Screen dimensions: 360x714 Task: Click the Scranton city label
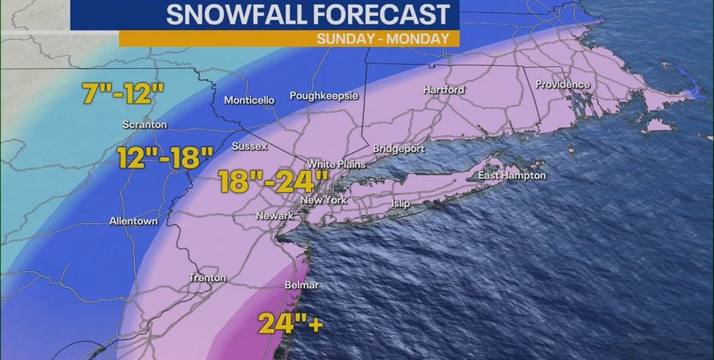click(x=145, y=124)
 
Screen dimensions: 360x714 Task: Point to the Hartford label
click(x=444, y=90)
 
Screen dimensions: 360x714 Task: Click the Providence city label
click(x=562, y=84)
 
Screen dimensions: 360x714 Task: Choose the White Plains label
click(x=336, y=164)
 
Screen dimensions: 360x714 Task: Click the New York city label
click(x=324, y=200)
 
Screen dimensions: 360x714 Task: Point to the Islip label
click(x=401, y=204)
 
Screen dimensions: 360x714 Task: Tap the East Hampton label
click(x=513, y=175)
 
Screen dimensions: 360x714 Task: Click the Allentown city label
click(x=133, y=221)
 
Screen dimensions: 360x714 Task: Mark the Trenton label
click(x=208, y=278)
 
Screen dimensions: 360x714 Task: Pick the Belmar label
click(x=301, y=285)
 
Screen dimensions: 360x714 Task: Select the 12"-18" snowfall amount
click(x=165, y=158)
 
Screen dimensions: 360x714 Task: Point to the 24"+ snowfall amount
click(x=290, y=322)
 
